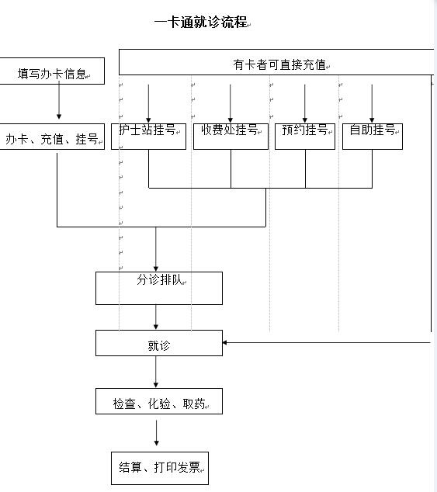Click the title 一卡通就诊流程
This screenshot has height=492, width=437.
(202, 22)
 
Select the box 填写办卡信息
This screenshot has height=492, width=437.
(53, 74)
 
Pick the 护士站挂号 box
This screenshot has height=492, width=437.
(147, 135)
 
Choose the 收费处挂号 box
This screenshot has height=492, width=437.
(230, 135)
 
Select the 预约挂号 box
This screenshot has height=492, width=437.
(305, 135)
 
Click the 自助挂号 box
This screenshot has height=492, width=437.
(373, 135)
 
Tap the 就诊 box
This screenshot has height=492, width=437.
(159, 344)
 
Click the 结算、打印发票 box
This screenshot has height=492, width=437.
(159, 466)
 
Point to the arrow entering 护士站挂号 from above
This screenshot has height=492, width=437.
(147, 102)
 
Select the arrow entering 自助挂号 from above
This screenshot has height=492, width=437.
(373, 102)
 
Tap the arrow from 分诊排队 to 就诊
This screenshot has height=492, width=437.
(157, 317)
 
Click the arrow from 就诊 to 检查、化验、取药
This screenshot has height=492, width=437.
(157, 372)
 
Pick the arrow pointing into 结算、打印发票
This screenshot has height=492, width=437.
(157, 433)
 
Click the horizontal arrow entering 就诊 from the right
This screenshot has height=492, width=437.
(326, 342)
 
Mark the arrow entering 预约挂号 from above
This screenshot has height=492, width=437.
(305, 102)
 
